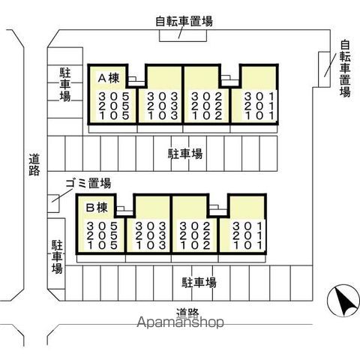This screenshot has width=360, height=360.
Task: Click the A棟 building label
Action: [109, 78]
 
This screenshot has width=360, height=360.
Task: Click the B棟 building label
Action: [97, 208]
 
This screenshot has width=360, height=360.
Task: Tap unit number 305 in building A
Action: [114, 96]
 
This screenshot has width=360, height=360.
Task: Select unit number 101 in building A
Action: [259, 115]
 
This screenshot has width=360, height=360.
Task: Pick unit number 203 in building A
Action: [163, 106]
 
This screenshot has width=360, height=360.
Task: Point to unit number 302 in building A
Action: [206, 96]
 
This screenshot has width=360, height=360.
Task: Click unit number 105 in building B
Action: [102, 245]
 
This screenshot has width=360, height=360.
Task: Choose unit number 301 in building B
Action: [247, 226]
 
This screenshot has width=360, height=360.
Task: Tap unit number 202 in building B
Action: [195, 235]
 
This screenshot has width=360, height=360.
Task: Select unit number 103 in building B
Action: [151, 245]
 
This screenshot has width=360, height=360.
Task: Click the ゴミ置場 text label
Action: [88, 184]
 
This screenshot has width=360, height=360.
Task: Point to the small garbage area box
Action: [53, 203]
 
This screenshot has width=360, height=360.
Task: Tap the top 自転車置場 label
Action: [184, 21]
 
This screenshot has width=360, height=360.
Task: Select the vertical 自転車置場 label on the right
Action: [345, 68]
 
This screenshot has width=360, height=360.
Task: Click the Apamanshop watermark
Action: [180, 322]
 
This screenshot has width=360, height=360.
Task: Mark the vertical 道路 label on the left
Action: [34, 165]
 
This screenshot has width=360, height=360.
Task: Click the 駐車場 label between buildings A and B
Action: [185, 154]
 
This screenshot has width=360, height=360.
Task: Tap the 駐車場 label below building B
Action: [199, 283]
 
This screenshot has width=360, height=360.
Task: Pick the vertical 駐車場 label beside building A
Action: [65, 85]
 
